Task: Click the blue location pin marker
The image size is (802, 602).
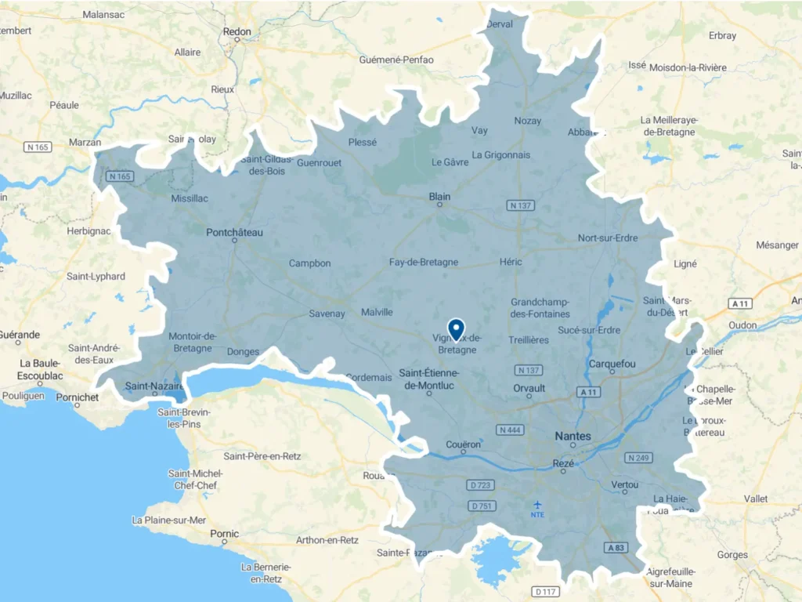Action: pos(456,328)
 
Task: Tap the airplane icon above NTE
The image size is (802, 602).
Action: pos(537,504)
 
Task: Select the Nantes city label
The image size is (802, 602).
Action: pos(573,435)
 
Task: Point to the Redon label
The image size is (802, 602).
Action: pos(237,31)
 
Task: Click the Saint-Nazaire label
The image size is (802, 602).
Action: pos(154,386)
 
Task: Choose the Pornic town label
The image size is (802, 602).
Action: pos(225,534)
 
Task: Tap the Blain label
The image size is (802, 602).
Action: pos(439,197)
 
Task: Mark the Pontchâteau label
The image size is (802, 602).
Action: pos(234,232)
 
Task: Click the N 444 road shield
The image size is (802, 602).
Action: pos(511,430)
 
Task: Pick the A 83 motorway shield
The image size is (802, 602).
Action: pos(615,547)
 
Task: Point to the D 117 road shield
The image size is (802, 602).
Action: pos(545,591)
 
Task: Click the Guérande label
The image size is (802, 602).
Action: pos(20,335)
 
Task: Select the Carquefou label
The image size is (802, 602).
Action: pos(612,363)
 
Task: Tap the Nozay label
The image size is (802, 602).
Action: pos(527,120)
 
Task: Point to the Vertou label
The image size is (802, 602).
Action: pos(624,485)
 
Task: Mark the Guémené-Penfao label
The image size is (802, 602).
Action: pos(396,60)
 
